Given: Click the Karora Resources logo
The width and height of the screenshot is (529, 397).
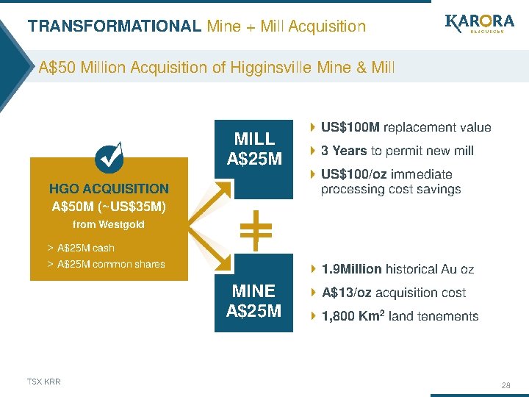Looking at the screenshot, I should pyautogui.click(x=478, y=28).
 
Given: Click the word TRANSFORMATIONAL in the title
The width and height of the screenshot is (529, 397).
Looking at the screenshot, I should pyautogui.click(x=114, y=26).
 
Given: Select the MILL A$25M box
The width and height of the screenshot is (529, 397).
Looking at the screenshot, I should pyautogui.click(x=253, y=149).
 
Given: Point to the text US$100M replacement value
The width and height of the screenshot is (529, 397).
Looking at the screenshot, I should pyautogui.click(x=406, y=127).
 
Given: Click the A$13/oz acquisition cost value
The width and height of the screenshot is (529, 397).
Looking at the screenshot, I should pyautogui.click(x=348, y=293).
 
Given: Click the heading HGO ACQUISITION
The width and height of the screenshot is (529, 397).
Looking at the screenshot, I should pyautogui.click(x=109, y=189).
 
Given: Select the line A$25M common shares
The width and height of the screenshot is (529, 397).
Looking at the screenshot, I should pyautogui.click(x=110, y=264).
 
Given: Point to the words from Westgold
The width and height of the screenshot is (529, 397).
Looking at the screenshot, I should pyautogui.click(x=109, y=224).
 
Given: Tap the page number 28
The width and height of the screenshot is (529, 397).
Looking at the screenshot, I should pyautogui.click(x=505, y=385).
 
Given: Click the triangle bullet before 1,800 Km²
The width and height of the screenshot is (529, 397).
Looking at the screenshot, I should pyautogui.click(x=314, y=316).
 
